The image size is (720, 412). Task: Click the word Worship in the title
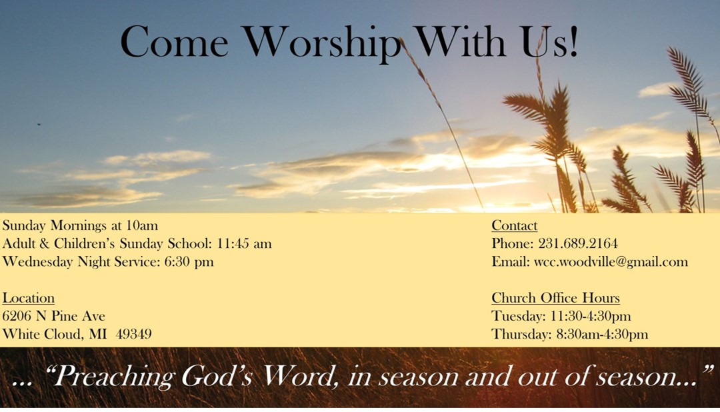321,43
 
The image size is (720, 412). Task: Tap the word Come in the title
174,42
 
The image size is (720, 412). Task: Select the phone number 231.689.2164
577,243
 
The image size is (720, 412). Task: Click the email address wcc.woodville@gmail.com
611,262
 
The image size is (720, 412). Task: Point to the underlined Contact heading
514,225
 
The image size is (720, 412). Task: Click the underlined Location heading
29,298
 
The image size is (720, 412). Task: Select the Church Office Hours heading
555,298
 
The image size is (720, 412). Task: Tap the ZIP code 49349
133,334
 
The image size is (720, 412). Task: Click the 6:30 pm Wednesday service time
189,262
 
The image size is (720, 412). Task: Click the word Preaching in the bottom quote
115,377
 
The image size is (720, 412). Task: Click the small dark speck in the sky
39,124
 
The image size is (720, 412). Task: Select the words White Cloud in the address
43,334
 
